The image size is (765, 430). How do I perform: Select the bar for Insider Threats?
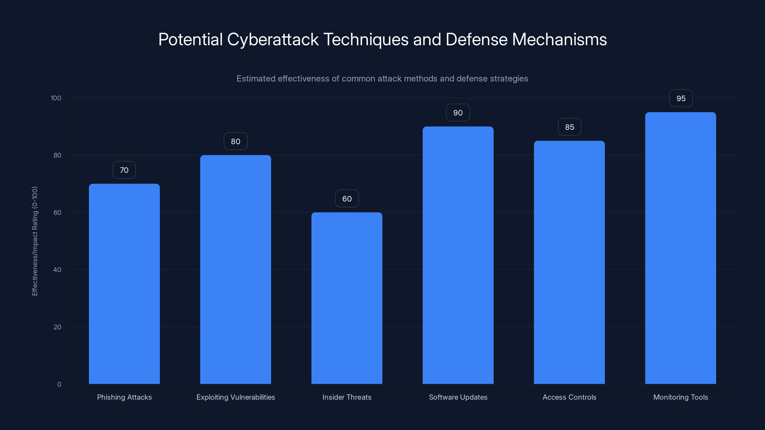click(x=347, y=298)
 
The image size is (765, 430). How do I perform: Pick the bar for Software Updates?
click(x=458, y=255)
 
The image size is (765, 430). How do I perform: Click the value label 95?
click(x=681, y=98)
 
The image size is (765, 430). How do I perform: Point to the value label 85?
click(x=569, y=127)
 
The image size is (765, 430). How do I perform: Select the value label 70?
click(x=124, y=170)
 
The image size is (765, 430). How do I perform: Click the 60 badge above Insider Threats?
click(x=347, y=199)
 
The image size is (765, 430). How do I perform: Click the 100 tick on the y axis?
click(x=56, y=98)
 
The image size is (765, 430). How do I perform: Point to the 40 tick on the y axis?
click(x=57, y=270)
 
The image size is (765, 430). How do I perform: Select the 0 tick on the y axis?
click(x=59, y=384)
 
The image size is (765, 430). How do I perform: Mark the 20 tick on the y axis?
click(x=57, y=327)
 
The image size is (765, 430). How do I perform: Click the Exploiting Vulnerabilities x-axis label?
click(x=235, y=397)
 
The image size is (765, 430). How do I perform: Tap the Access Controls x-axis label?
click(x=569, y=397)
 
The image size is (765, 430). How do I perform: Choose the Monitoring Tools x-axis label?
click(x=680, y=397)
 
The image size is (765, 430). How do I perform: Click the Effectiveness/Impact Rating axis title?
click(x=35, y=241)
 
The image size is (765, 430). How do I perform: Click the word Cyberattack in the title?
click(x=273, y=40)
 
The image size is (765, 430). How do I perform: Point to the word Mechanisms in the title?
click(x=559, y=40)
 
